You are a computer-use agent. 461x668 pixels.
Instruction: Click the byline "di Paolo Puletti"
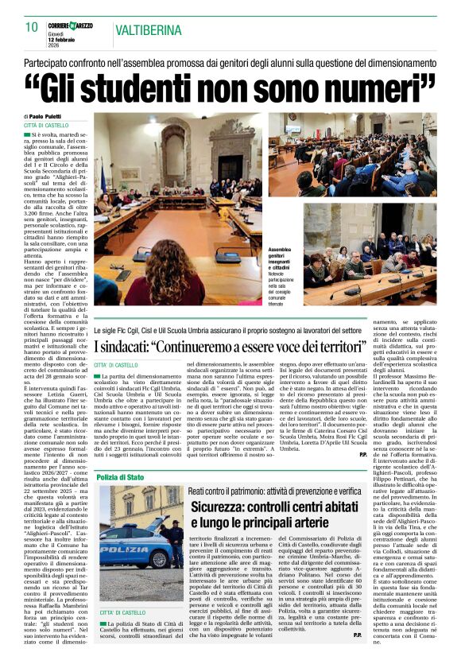48,117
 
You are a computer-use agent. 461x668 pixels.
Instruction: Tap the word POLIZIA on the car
125,548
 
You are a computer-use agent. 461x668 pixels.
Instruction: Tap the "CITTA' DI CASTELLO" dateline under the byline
46,126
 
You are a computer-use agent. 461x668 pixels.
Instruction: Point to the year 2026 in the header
54,45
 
